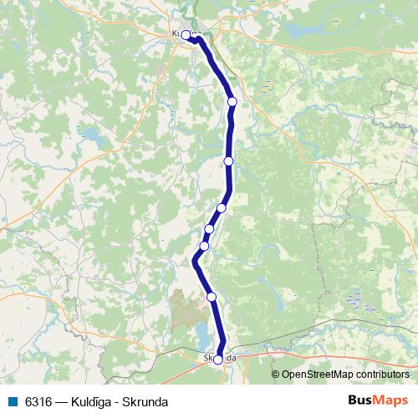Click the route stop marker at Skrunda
coord(218,359)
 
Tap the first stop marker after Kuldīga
coord(232,101)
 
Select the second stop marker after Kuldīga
coord(228,161)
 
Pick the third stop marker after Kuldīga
coord(222,208)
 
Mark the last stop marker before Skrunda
coord(212,297)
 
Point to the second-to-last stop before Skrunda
coord(203,247)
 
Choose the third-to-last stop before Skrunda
coord(209,228)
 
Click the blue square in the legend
coord(12,402)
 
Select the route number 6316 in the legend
coord(38,402)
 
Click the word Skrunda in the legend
coord(146,402)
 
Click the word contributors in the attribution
coord(384,375)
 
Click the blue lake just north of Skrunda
coord(203,334)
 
